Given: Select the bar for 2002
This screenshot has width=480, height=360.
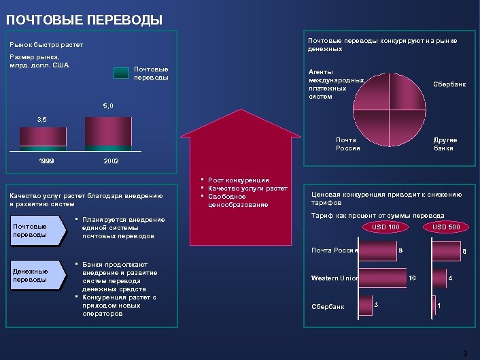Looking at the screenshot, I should [x=108, y=132].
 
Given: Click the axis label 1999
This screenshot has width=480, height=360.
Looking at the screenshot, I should [x=46, y=162].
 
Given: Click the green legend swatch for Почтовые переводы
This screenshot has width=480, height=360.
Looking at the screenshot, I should [x=120, y=73].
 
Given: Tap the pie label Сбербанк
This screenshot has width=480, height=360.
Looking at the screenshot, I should [x=449, y=84].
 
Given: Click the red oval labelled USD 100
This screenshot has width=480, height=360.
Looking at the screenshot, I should [x=385, y=227].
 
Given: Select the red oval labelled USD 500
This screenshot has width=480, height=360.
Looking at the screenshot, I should [x=446, y=227].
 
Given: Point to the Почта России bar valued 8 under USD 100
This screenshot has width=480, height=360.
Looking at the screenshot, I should [x=377, y=250].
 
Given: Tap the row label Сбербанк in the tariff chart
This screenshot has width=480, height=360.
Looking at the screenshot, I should [x=327, y=306].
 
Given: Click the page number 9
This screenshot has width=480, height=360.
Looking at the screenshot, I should [x=465, y=353].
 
